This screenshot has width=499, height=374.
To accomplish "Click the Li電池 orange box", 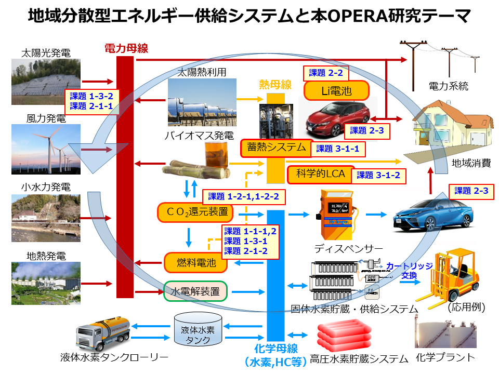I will [x=336, y=91].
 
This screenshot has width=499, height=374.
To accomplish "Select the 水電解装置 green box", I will [x=195, y=291].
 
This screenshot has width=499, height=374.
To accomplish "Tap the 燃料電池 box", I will [x=196, y=263].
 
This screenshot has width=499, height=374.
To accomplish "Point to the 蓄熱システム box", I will [x=277, y=148].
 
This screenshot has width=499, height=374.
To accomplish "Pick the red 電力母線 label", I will [x=126, y=49].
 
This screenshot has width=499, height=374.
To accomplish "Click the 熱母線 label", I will [x=275, y=85].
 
